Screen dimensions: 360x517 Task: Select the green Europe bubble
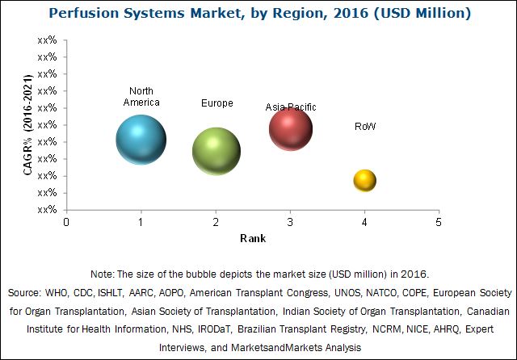click(216, 151)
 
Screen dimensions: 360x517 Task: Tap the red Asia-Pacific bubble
click(291, 128)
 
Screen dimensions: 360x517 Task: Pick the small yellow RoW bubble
click(364, 180)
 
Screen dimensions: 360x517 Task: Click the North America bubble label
click(141, 97)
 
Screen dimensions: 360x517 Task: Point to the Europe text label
click(216, 103)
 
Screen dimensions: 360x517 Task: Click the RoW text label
click(365, 127)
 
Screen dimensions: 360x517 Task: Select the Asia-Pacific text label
click(291, 107)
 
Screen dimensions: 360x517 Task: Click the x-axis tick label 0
click(67, 222)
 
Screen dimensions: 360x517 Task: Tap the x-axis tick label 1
click(141, 222)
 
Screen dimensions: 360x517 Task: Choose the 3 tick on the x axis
click(290, 222)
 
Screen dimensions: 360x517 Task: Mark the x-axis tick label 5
click(439, 222)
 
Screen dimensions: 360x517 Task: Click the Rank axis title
click(252, 239)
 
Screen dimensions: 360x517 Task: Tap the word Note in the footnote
click(103, 274)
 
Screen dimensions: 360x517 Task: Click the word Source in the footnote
click(26, 291)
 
